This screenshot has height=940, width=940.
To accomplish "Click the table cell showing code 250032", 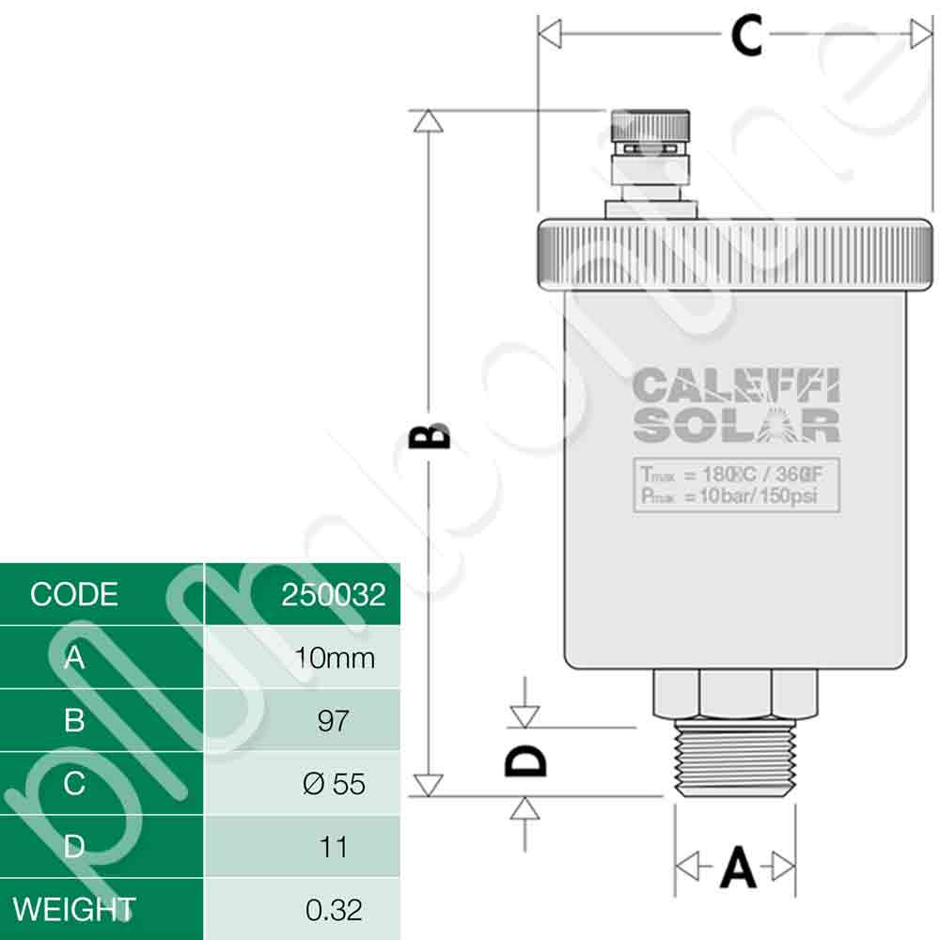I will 333,594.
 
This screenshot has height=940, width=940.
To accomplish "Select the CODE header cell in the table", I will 74,594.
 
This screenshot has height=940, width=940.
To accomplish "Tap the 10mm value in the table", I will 334,657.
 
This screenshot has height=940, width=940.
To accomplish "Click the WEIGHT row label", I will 74,909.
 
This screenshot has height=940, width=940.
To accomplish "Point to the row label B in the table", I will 74,721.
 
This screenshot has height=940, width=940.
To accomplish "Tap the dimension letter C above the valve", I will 746,38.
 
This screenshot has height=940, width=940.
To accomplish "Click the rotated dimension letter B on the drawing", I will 431,436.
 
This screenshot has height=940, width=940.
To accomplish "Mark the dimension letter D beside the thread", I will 525,760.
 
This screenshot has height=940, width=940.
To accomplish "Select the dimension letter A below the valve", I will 737,867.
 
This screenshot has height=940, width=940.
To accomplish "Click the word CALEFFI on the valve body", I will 736,386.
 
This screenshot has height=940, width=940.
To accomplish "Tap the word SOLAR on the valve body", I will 736,425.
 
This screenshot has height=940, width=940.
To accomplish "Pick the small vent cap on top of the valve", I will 650,127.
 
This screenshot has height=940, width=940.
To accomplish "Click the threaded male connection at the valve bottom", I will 735,762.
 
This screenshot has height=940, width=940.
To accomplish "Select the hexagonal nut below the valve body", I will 735,694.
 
